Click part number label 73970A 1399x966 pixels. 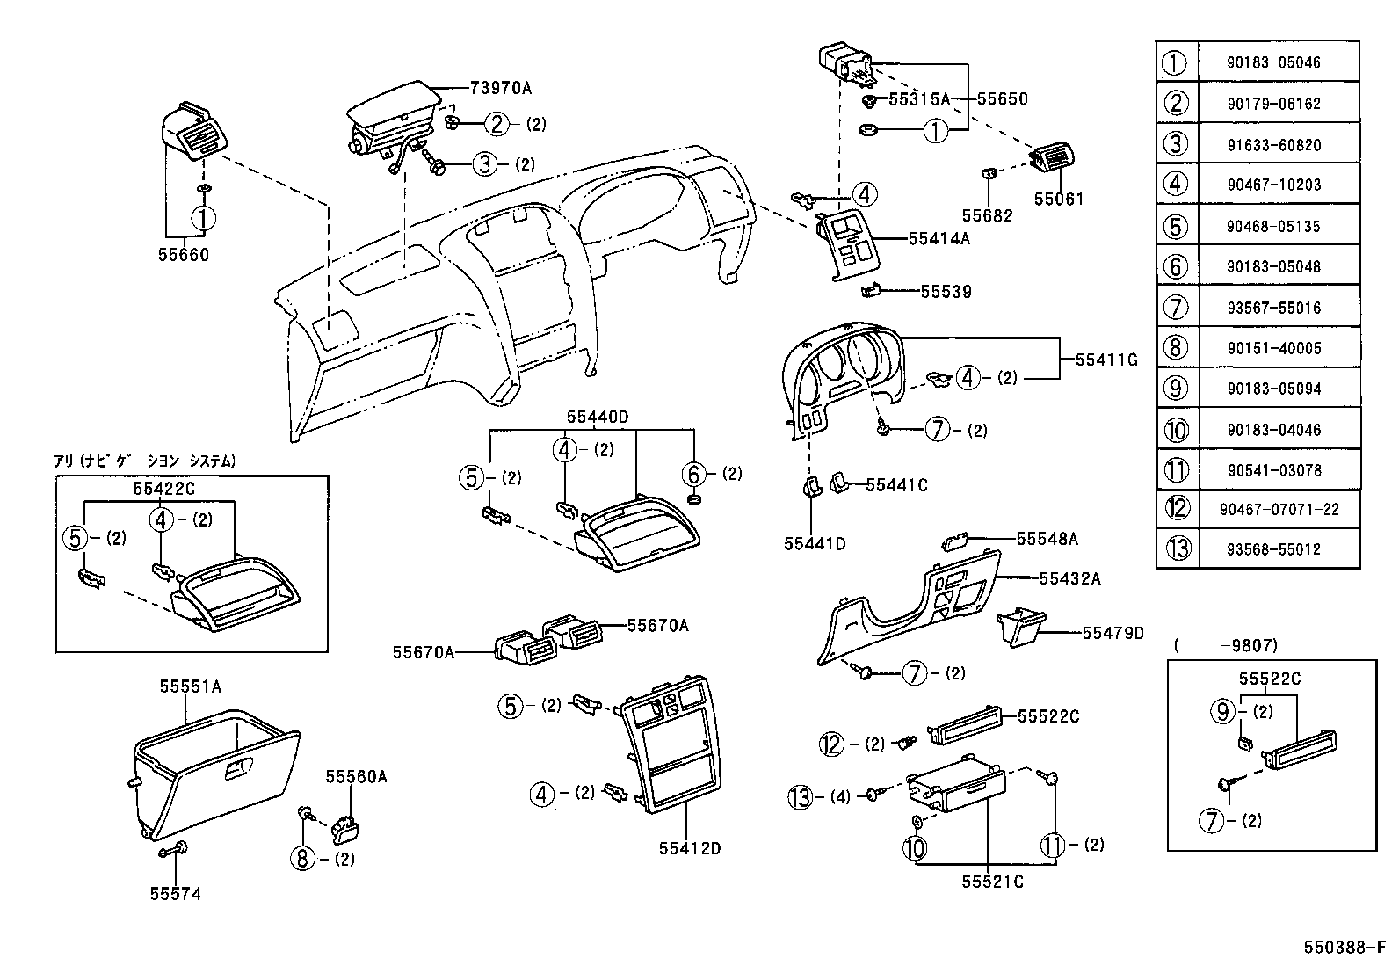(500, 87)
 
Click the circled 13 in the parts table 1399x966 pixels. (1178, 549)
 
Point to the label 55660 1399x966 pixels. (184, 256)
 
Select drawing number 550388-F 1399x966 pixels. (1344, 948)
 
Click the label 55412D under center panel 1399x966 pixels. (690, 848)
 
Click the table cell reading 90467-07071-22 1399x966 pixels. (1279, 509)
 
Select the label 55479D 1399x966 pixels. (1113, 633)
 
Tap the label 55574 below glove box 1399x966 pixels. (175, 894)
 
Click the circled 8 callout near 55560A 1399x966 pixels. (302, 858)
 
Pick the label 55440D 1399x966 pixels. (598, 417)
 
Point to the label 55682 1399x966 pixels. (986, 215)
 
